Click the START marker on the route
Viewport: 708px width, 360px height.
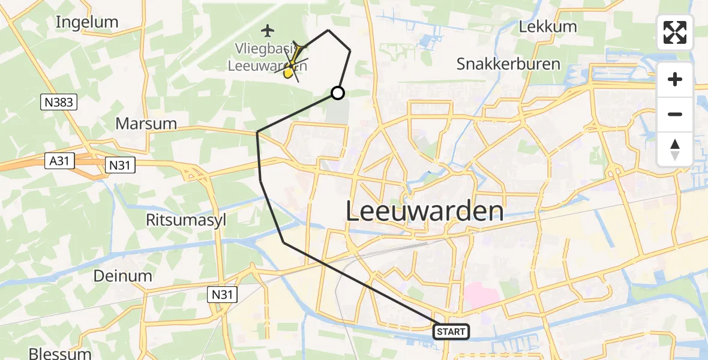[450, 331]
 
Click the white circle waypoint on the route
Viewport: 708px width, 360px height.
[338, 92]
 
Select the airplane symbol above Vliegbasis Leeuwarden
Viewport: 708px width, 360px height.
[268, 29]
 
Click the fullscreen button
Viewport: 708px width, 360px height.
[675, 32]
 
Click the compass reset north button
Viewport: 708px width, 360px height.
[675, 149]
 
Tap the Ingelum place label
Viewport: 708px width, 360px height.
[87, 22]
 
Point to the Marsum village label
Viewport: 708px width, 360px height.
[146, 124]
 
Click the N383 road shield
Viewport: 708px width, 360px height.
[59, 103]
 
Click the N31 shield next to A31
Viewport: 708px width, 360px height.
[120, 165]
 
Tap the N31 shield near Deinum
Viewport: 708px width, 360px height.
[223, 294]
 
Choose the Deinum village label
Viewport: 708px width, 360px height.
[122, 275]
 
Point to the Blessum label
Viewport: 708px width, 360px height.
[60, 353]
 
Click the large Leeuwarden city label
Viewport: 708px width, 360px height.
[425, 211]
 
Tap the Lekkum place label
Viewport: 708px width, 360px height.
[548, 26]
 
